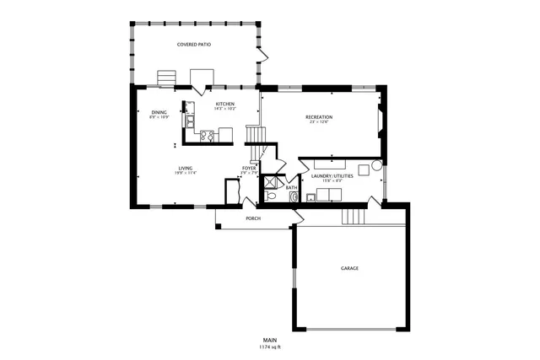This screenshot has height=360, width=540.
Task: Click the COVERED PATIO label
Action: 193,43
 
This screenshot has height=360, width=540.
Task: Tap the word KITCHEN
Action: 224,104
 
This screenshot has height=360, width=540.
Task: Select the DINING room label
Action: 159,112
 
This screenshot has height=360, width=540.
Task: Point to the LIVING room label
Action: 185,167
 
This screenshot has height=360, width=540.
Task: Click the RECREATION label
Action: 318,116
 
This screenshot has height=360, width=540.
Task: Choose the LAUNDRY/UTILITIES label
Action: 326,175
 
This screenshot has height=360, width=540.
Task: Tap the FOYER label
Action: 249,168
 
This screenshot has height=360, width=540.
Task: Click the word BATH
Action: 291,187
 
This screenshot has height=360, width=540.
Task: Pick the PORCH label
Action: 252,218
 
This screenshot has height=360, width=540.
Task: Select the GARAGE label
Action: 349,268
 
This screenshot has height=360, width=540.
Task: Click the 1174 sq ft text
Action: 269,347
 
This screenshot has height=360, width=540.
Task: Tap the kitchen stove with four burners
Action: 206,134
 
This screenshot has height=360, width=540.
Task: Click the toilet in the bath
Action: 269,196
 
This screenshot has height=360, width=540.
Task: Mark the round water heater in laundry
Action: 376,166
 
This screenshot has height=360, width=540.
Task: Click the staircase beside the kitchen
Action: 255,135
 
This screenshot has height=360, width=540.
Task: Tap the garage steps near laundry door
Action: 354,216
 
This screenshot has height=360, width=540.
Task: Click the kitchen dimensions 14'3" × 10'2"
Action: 224,109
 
